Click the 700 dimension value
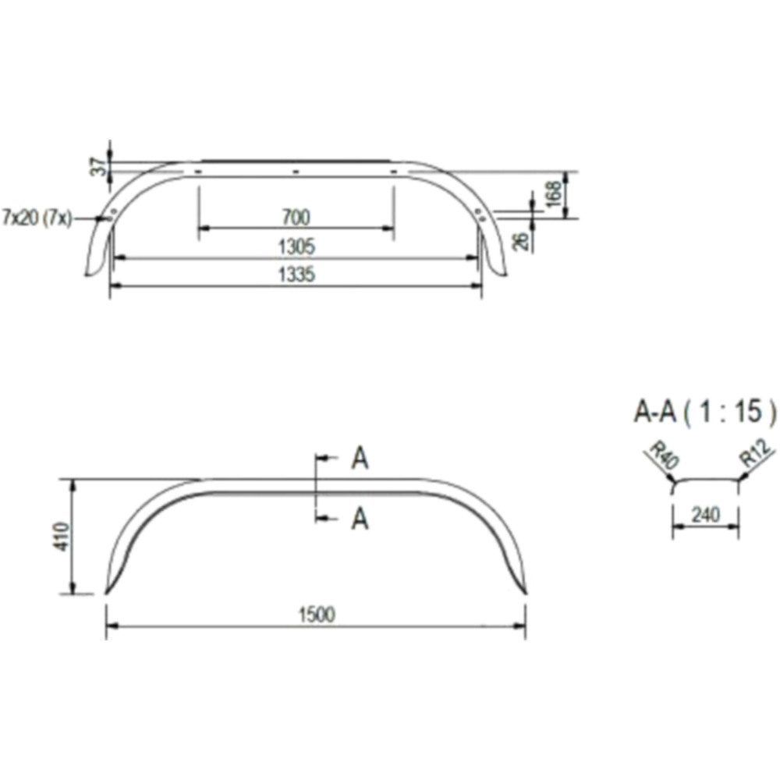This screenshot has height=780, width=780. (296, 218)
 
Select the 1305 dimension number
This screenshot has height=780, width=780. (296, 246)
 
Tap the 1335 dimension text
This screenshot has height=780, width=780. (296, 275)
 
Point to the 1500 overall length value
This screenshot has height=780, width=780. (317, 615)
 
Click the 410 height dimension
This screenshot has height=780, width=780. (62, 537)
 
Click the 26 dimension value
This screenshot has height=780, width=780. (519, 242)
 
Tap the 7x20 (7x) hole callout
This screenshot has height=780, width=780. (37, 218)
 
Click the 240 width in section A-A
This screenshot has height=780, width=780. (706, 515)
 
